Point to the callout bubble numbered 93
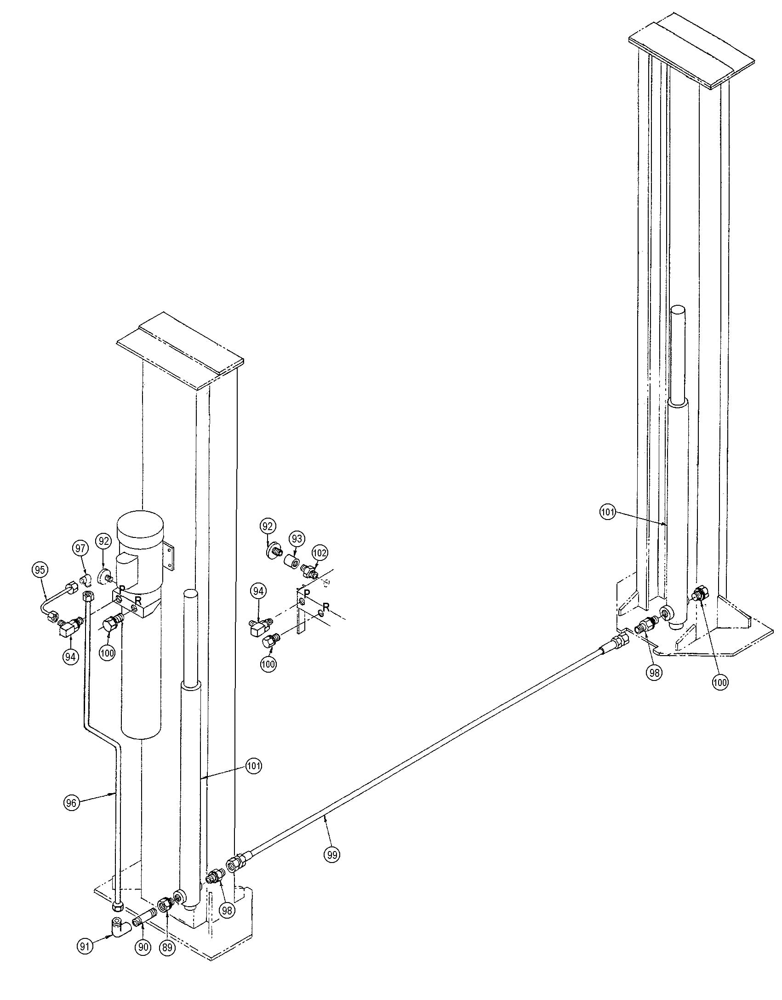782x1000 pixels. [297, 538]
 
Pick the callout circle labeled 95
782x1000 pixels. [40, 570]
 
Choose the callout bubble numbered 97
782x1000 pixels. [80, 548]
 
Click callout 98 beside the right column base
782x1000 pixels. [654, 673]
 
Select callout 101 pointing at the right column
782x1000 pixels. [607, 512]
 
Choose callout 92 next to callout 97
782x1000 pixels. [103, 541]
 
